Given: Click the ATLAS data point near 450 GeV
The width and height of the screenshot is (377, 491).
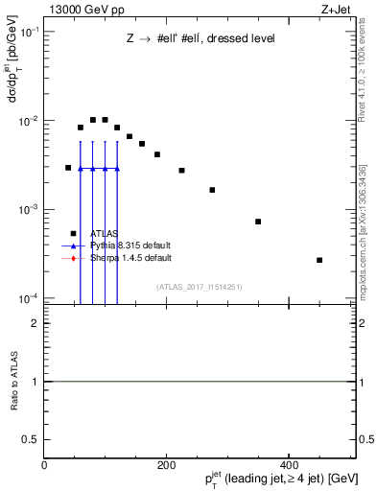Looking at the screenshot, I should [x=319, y=260].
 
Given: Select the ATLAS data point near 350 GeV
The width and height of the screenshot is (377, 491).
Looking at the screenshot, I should [x=258, y=222].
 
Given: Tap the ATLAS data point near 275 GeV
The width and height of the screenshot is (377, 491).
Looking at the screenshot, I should [x=212, y=190].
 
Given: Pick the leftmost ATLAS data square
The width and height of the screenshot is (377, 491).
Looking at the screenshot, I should [x=68, y=168].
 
